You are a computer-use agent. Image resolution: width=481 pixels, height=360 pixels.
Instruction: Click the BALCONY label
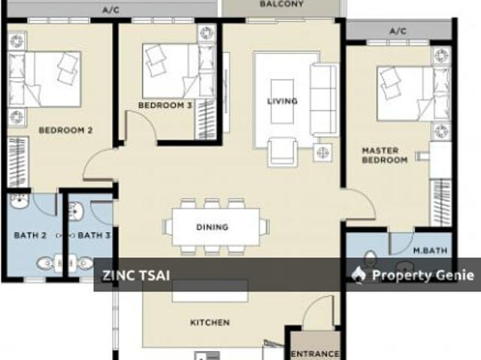[282, 5]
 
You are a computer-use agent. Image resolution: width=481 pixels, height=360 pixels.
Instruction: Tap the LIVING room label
[283, 101]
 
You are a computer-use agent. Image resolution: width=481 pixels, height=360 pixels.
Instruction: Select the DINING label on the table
[212, 227]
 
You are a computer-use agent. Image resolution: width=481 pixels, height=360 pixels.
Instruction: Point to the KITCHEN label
[209, 322]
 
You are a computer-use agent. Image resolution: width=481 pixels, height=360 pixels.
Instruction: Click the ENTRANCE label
[315, 353]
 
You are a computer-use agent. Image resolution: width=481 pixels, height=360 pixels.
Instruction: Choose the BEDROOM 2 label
[65, 130]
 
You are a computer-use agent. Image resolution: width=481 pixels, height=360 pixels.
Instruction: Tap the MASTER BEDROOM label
[384, 155]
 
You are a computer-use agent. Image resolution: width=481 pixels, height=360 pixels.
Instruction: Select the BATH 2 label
[30, 235]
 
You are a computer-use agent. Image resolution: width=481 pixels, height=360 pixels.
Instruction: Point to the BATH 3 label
[95, 235]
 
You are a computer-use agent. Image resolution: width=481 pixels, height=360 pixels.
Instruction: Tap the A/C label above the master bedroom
[398, 31]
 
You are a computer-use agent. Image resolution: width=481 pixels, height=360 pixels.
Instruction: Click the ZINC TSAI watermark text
[136, 275]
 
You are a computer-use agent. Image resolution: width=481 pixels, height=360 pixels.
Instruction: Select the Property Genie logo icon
[358, 275]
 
